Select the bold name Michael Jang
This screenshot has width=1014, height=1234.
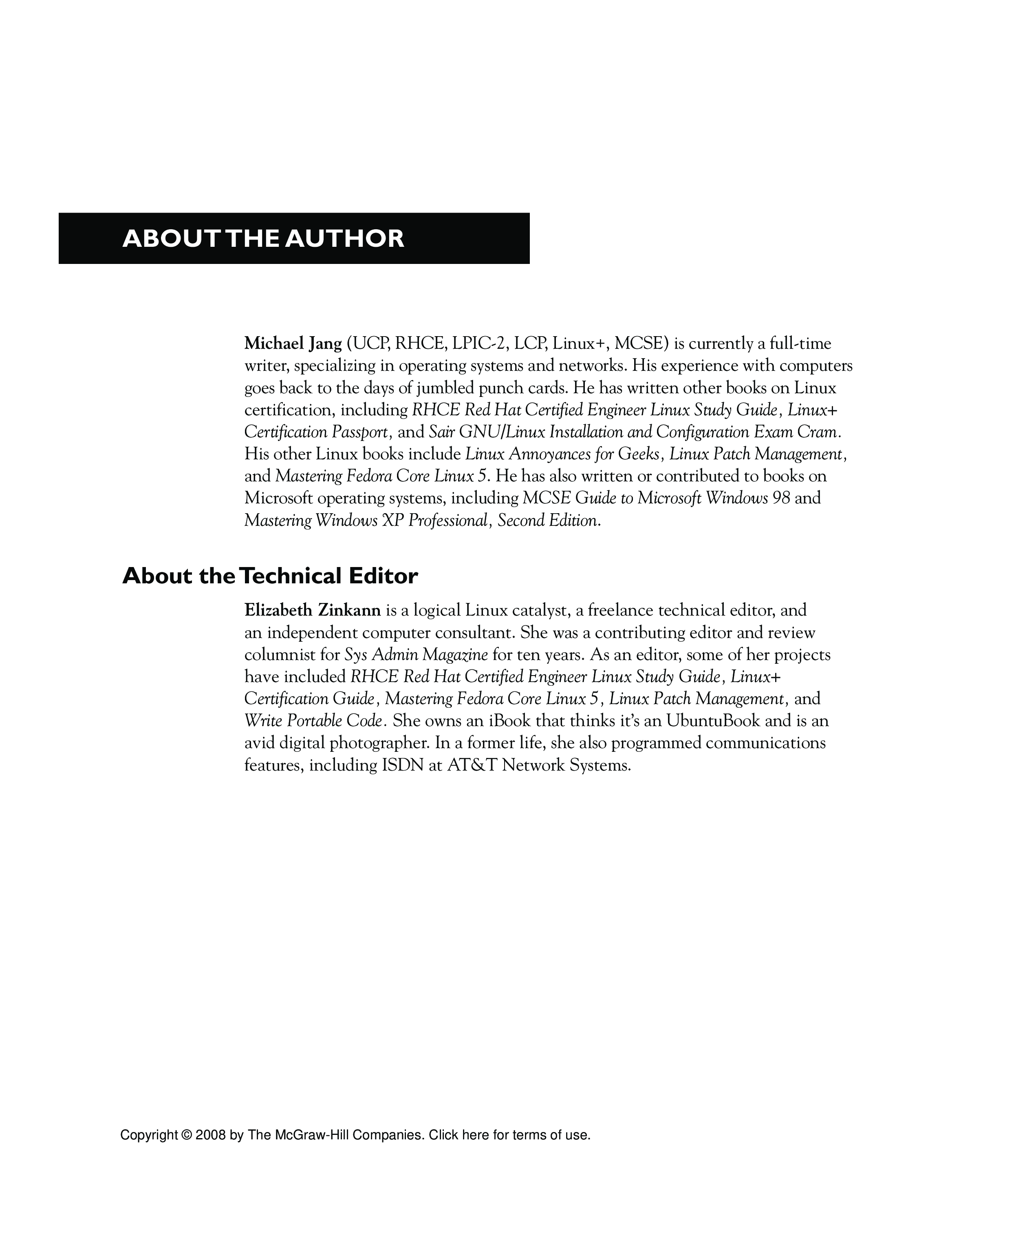(293, 343)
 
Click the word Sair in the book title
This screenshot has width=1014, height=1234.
(441, 432)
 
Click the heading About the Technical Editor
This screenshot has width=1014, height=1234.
(270, 576)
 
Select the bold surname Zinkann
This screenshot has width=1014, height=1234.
(349, 611)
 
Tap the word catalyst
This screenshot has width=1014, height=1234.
(540, 611)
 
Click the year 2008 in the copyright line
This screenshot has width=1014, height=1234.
(210, 1135)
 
